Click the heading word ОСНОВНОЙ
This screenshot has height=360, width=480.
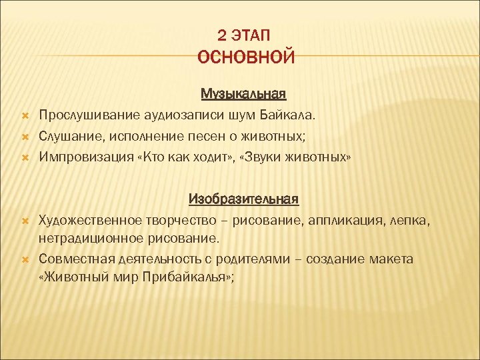pyautogui.click(x=245, y=57)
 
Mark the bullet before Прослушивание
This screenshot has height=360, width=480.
pyautogui.click(x=23, y=115)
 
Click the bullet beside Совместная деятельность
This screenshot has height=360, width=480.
pyautogui.click(x=23, y=258)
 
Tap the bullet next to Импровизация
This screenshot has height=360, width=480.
pyautogui.click(x=23, y=158)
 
